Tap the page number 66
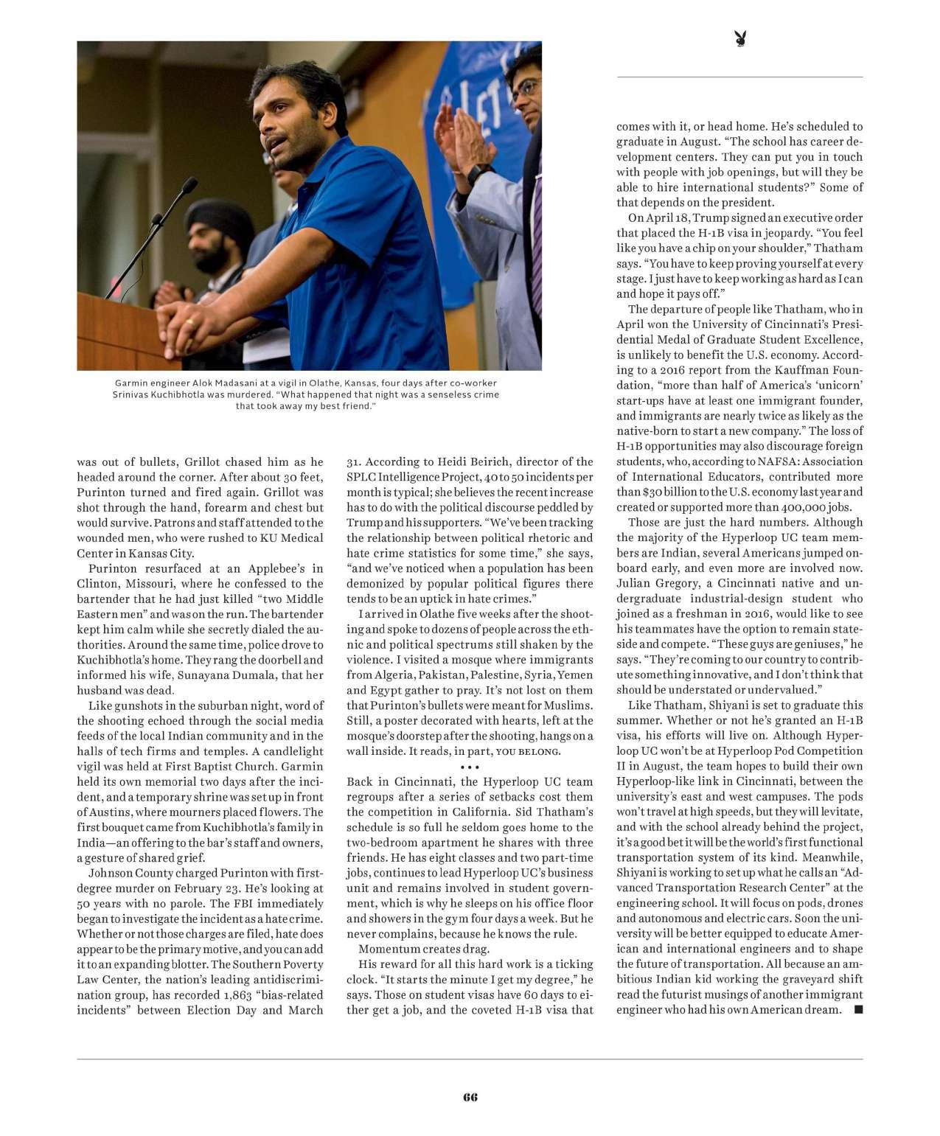coord(470,1096)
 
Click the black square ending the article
coord(857,1009)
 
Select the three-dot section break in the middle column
coord(470,767)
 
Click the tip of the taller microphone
coord(190,182)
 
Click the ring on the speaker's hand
coord(190,322)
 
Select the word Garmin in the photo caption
coord(131,383)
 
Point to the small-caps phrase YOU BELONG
coord(528,752)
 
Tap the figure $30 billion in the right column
coord(664,492)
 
